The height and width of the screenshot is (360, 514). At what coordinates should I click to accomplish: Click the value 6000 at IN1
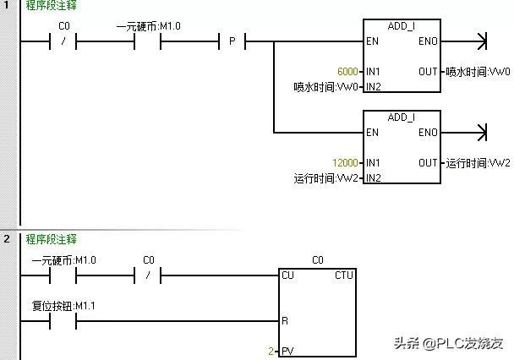click(347, 72)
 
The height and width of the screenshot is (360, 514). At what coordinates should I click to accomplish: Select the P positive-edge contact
click(232, 41)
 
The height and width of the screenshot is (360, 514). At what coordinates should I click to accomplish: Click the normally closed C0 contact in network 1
click(64, 41)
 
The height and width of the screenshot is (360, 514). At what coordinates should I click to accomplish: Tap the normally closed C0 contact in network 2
click(148, 275)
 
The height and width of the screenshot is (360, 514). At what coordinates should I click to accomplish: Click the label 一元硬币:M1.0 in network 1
click(148, 26)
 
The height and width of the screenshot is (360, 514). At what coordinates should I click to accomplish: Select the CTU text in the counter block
click(344, 275)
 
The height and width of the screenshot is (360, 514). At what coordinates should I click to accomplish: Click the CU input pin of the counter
click(288, 275)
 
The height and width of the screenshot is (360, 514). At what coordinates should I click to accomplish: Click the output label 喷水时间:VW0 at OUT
click(478, 72)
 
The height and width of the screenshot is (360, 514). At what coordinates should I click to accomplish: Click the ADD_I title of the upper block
click(401, 26)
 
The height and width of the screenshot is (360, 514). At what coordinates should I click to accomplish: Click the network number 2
click(6, 239)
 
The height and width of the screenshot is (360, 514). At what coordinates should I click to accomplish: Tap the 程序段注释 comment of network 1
click(50, 6)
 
